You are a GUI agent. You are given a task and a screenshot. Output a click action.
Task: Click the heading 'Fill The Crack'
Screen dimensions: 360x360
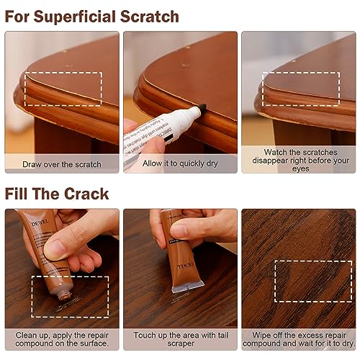click(x=58, y=194)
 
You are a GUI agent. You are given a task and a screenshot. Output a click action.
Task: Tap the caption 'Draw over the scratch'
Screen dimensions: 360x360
click(x=62, y=164)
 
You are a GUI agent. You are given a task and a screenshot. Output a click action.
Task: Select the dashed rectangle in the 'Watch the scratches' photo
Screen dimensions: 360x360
click(x=295, y=89)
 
